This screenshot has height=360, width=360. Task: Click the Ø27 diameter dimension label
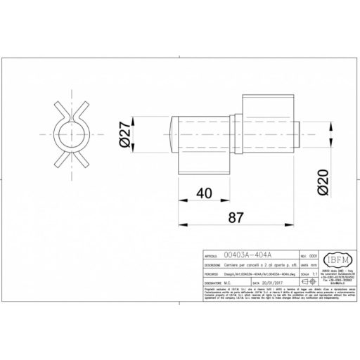coord(125,134)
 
